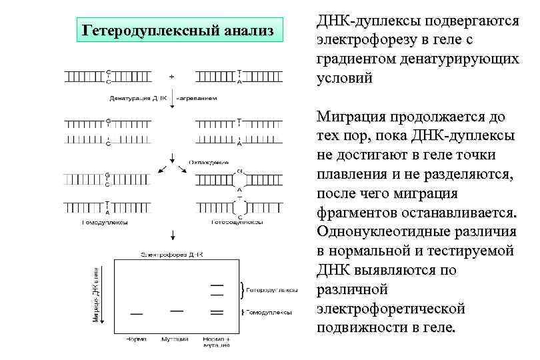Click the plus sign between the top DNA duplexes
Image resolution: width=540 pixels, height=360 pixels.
point(172,77)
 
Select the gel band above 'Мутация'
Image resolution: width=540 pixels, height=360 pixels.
point(176,309)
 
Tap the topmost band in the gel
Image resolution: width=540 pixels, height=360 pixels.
point(217,285)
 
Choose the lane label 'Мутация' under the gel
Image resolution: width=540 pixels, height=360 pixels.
point(176,339)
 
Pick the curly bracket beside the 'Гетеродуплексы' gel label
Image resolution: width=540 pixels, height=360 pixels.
point(241,290)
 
